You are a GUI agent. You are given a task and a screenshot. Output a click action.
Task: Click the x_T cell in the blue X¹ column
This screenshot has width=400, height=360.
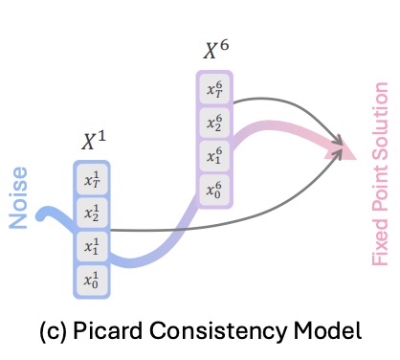[92, 179]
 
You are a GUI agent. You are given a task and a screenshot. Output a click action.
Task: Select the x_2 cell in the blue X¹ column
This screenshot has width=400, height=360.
[92, 213]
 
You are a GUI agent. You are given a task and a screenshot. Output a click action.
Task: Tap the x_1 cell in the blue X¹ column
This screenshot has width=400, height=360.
[92, 247]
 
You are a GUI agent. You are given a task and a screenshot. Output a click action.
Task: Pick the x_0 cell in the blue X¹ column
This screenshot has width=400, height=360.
[92, 281]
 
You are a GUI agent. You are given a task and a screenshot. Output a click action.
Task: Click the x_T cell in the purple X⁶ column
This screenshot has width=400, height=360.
[214, 89]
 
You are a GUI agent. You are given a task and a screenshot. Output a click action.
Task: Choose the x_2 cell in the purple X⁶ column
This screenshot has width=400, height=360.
[214, 123]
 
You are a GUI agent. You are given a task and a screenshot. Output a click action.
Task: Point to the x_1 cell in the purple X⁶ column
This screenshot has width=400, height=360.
[214, 156]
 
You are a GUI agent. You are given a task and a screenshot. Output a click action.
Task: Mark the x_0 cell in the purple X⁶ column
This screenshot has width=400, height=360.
[214, 190]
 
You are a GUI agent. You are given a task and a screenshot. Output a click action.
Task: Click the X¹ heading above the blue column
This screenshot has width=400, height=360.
[94, 141]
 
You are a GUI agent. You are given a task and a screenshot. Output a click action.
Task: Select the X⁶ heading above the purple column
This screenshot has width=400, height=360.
[216, 50]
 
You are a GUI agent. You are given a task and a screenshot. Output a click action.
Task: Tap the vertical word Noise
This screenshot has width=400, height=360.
[18, 197]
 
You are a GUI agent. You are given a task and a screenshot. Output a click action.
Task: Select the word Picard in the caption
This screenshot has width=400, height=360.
[108, 330]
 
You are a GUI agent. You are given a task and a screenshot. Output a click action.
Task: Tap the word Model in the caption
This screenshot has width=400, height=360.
[327, 330]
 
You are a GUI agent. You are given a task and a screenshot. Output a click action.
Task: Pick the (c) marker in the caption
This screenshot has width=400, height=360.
[54, 332]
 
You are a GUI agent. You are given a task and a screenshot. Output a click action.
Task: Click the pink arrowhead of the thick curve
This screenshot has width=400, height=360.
[342, 150]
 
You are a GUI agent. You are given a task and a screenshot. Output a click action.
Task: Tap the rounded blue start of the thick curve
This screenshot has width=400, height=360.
[41, 216]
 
